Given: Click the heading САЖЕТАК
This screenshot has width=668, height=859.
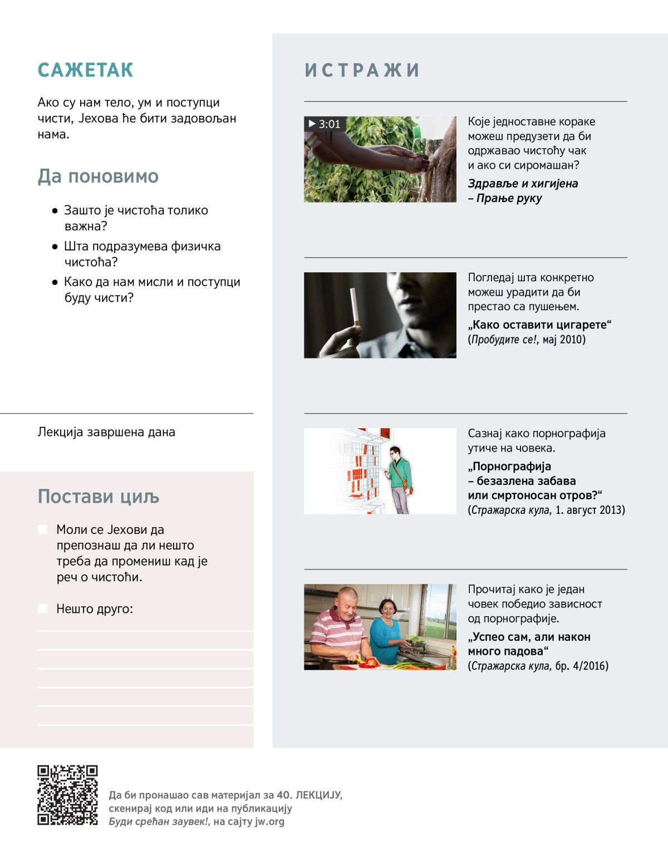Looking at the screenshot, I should pyautogui.click(x=85, y=70).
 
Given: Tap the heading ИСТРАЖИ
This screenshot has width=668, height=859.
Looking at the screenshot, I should pyautogui.click(x=362, y=70).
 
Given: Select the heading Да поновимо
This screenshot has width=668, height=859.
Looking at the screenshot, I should pyautogui.click(x=98, y=176).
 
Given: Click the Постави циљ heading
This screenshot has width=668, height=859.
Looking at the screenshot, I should pyautogui.click(x=99, y=497).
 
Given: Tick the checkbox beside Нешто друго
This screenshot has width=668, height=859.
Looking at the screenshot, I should pyautogui.click(x=42, y=608).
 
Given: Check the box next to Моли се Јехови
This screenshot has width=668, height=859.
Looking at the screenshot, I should pyautogui.click(x=42, y=529).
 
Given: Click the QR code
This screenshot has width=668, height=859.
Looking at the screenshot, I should pyautogui.click(x=67, y=795).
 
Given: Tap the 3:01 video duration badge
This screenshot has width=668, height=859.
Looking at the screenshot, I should pyautogui.click(x=325, y=124).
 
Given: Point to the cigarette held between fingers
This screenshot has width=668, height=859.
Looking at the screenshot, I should pyautogui.click(x=353, y=306).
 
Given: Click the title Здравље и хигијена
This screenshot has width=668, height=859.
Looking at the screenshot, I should pyautogui.click(x=523, y=184).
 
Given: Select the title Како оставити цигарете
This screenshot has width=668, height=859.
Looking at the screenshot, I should pyautogui.click(x=539, y=325).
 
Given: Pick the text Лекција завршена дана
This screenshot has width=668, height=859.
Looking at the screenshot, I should pyautogui.click(x=106, y=432).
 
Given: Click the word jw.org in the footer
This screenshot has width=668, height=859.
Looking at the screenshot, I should pyautogui.click(x=269, y=822).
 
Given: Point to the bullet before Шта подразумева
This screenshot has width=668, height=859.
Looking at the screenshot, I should pyautogui.click(x=55, y=247).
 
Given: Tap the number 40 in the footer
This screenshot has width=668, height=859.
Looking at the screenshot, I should pyautogui.click(x=283, y=795).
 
